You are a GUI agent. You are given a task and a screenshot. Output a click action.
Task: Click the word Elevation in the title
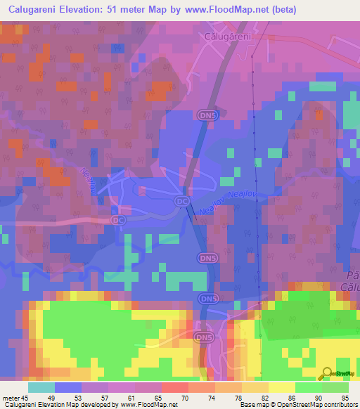coord(98,10)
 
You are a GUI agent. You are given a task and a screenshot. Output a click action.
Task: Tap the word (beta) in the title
coord(281,10)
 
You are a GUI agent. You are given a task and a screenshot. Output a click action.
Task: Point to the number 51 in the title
coord(134,10)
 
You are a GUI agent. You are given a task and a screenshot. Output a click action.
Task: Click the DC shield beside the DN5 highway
coord(182,201)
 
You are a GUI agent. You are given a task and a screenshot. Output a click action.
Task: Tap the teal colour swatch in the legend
coord(41,387)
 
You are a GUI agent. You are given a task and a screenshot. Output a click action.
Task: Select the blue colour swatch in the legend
coord(67,387)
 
